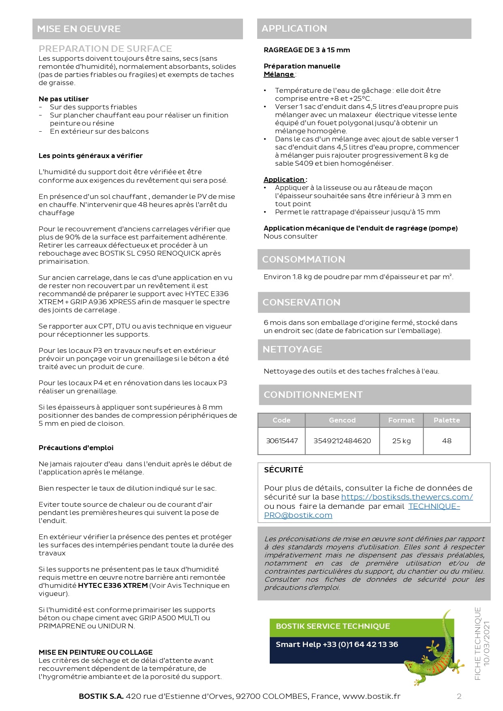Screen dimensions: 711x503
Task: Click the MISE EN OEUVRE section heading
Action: click(x=79, y=29)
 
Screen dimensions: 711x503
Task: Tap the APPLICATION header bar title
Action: click(x=294, y=28)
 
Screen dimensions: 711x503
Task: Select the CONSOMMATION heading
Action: click(x=303, y=259)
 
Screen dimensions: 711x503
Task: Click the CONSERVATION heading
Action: click(x=301, y=302)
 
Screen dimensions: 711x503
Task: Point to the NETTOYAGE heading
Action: click(x=292, y=349)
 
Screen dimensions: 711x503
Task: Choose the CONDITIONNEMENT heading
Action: click(x=313, y=395)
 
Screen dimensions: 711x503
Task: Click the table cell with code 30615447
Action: click(x=282, y=441)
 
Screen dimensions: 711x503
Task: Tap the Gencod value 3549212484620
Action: click(x=342, y=441)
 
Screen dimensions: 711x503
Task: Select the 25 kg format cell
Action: click(x=401, y=441)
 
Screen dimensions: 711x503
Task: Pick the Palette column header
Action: click(x=447, y=420)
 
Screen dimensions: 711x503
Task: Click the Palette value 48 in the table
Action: click(x=447, y=441)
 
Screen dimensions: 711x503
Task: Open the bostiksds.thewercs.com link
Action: click(x=407, y=497)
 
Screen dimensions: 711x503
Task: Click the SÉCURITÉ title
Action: click(x=284, y=470)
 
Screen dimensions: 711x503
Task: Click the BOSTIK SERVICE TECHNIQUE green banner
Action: click(x=333, y=626)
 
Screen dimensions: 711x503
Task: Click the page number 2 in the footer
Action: click(x=459, y=696)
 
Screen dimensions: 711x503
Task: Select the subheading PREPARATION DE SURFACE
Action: click(x=105, y=49)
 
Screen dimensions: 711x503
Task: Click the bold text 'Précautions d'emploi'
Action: click(x=76, y=448)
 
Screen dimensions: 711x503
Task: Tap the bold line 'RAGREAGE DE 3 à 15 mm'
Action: click(x=307, y=50)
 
